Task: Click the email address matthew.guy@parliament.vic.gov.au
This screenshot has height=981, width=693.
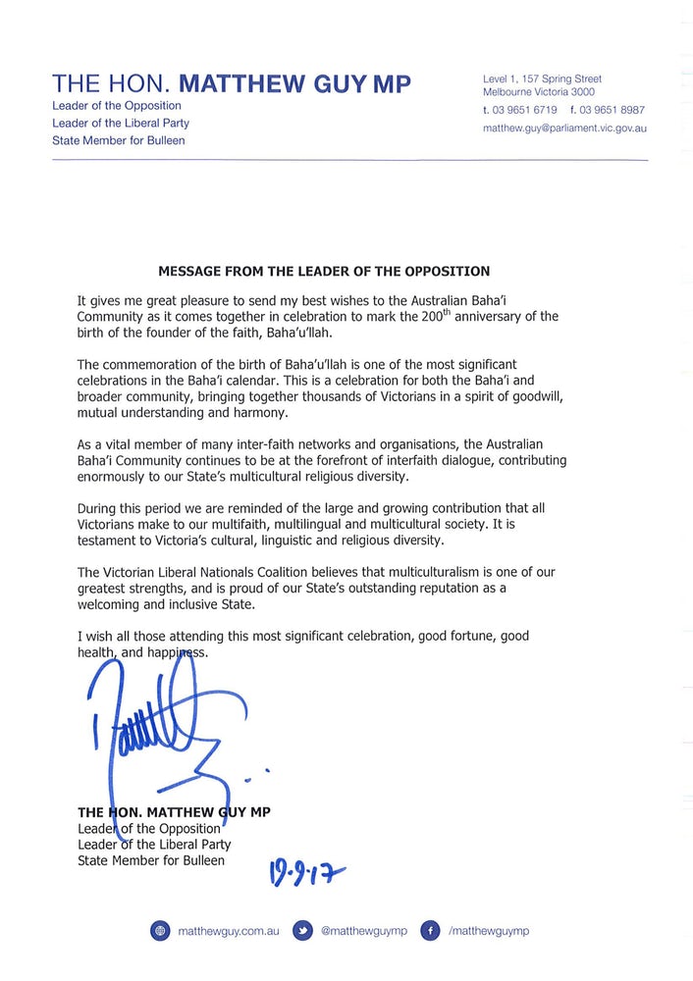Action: pyautogui.click(x=564, y=128)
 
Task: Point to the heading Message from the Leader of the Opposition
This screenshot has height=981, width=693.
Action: pyautogui.click(x=324, y=271)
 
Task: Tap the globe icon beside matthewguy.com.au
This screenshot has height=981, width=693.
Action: pyautogui.click(x=160, y=930)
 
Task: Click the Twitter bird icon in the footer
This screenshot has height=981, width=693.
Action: pyautogui.click(x=303, y=930)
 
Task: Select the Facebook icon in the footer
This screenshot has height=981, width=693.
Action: pyautogui.click(x=429, y=930)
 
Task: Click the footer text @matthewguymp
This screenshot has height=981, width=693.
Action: pyautogui.click(x=364, y=930)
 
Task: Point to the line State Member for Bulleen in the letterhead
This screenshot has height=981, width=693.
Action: pyautogui.click(x=119, y=140)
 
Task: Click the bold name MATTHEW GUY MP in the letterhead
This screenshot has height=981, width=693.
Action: pyautogui.click(x=295, y=83)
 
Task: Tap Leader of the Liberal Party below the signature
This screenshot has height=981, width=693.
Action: pyautogui.click(x=154, y=845)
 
